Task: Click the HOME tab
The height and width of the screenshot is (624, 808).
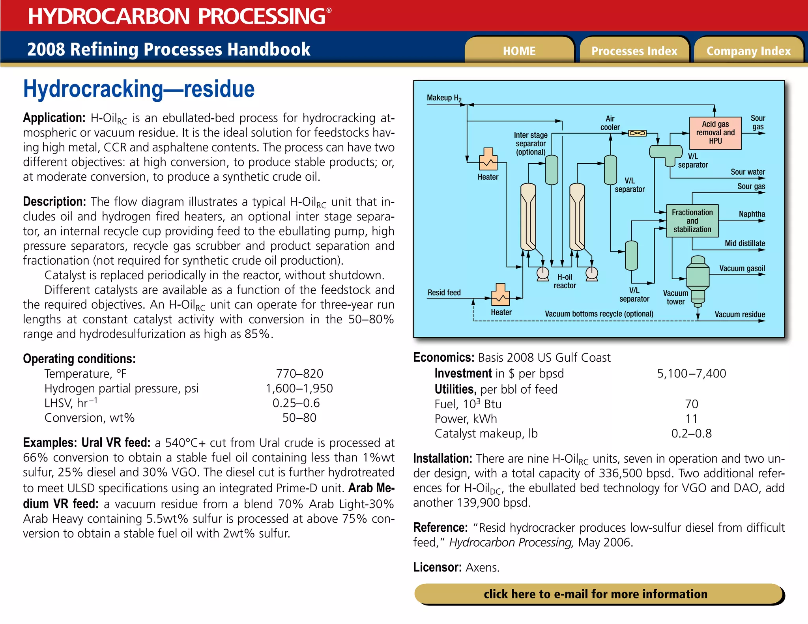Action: pyautogui.click(x=519, y=51)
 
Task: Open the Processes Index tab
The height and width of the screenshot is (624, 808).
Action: pyautogui.click(x=634, y=51)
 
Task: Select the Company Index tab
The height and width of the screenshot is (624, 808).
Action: pyautogui.click(x=748, y=51)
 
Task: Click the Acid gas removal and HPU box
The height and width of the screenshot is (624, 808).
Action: pyautogui.click(x=715, y=133)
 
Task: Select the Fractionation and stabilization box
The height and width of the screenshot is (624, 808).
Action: pyautogui.click(x=692, y=221)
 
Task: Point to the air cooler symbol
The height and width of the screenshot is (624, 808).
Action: pyautogui.click(x=637, y=133)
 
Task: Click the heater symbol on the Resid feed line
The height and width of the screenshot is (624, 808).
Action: pyautogui.click(x=500, y=295)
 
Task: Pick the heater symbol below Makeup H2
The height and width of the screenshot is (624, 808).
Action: pyautogui.click(x=488, y=159)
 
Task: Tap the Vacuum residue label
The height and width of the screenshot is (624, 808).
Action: pyautogui.click(x=739, y=314)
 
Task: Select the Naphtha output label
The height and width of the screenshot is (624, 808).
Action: pyautogui.click(x=752, y=214)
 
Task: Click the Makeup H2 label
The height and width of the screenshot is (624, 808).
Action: pyautogui.click(x=444, y=98)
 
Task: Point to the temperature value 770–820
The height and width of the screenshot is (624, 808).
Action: pyautogui.click(x=299, y=374)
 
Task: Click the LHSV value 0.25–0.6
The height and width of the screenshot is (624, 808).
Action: pyautogui.click(x=296, y=403)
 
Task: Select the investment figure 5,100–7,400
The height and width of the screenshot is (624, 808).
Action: pyautogui.click(x=691, y=374)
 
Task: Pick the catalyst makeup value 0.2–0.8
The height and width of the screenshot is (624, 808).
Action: pyautogui.click(x=691, y=433)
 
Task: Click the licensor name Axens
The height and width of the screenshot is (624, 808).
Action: pyautogui.click(x=482, y=568)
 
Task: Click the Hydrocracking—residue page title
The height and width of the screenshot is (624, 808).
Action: pyautogui.click(x=139, y=89)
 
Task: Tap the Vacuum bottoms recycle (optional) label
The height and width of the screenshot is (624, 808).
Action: pyautogui.click(x=599, y=314)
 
